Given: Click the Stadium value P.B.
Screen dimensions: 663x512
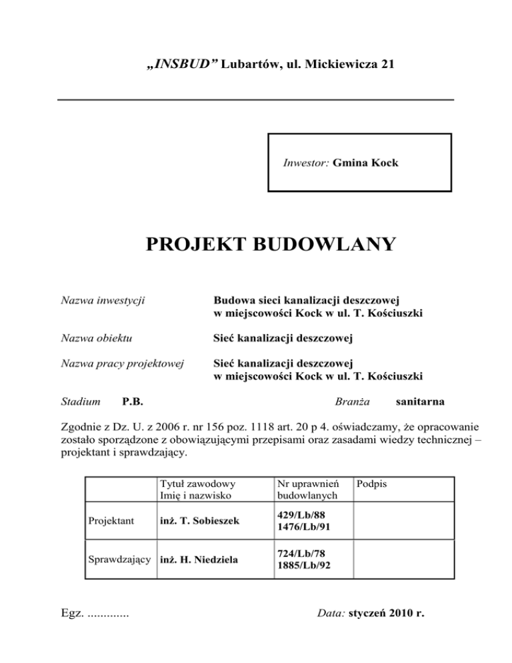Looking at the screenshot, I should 135,402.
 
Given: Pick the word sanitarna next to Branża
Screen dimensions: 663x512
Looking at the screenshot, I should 421,402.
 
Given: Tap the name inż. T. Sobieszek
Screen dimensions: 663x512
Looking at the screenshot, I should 198,521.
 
